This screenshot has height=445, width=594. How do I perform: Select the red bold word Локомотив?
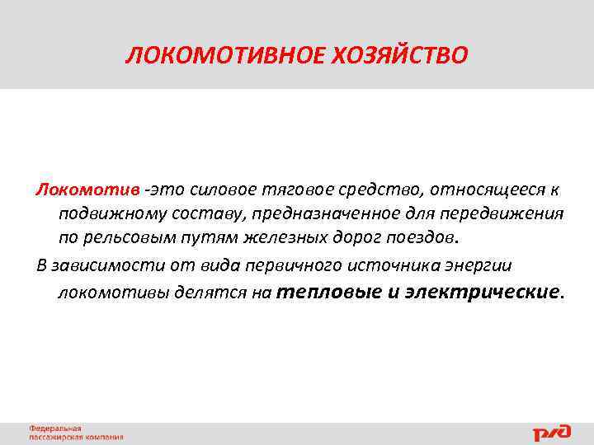[x=87, y=191]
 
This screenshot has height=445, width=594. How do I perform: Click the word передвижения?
[x=497, y=214]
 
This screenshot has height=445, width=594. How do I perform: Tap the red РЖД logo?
[x=553, y=431]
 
